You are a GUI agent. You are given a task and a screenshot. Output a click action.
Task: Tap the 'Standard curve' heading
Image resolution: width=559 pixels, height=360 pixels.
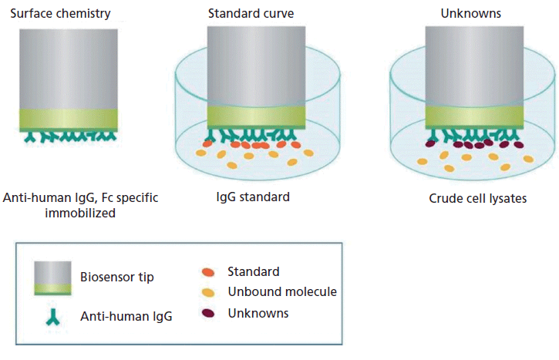point(245,14)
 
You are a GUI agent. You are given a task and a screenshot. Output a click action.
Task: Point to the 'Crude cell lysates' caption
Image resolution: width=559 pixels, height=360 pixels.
point(478,199)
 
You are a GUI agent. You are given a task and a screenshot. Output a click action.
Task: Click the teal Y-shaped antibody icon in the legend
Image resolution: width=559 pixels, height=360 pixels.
point(54,315)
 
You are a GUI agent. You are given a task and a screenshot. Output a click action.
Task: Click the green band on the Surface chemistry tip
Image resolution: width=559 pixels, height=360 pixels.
point(69,118)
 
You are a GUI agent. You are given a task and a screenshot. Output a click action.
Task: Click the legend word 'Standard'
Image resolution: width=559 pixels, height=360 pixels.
point(253,271)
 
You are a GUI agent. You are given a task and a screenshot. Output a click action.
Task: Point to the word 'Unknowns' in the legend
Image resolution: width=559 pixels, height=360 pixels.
point(258,313)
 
